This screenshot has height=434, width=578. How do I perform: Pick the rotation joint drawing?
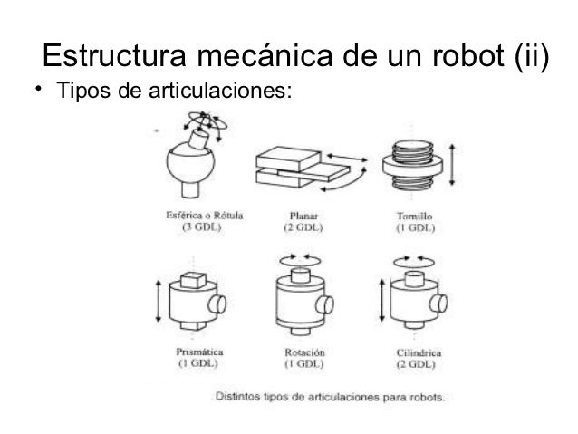point(303,299)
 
